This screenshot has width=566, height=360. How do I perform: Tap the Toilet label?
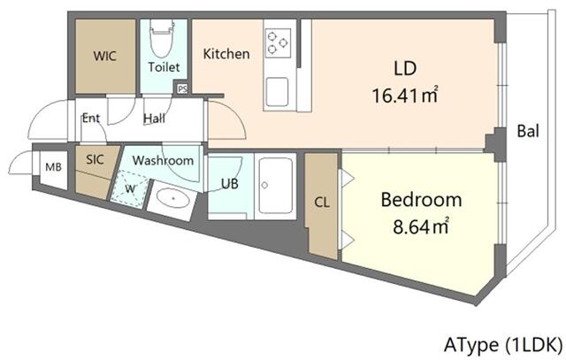coord(164,67)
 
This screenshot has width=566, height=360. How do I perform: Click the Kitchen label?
coord(226,55)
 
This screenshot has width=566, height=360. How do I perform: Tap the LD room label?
coord(404,67)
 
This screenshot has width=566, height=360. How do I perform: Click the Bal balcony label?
coord(529,133)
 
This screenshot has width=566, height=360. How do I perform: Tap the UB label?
coord(228,185)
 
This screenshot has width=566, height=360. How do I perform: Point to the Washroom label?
coord(163,161)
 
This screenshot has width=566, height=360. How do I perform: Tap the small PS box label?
coord(183,88)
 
